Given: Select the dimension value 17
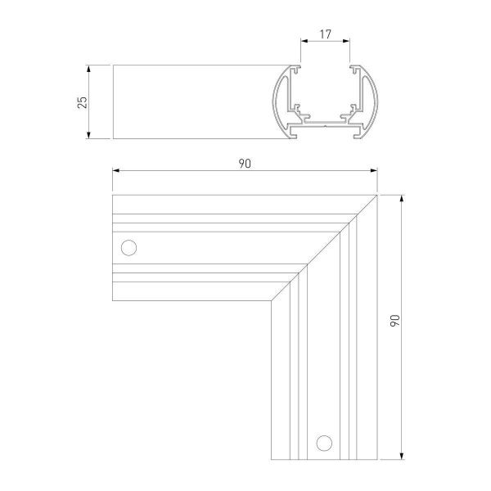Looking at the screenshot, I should [x=326, y=35].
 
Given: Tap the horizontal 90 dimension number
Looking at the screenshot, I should [x=244, y=164].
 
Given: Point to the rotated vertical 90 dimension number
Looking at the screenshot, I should [x=394, y=321].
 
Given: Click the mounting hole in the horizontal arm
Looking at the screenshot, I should [x=128, y=247].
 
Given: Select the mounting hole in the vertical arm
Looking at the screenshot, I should [x=325, y=442].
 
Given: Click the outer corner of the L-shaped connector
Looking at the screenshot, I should [x=376, y=196].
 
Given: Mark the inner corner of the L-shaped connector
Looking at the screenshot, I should [x=272, y=300].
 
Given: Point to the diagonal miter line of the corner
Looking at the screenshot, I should [x=324, y=247].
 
